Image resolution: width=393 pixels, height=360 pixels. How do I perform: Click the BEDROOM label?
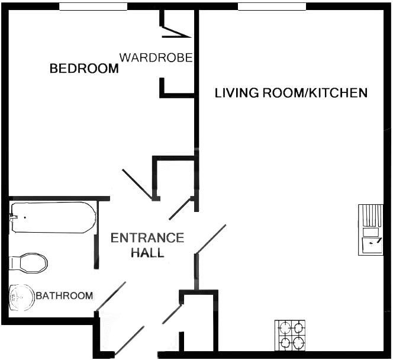pos(84,69)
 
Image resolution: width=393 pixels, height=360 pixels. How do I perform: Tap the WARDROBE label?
pos(156,57)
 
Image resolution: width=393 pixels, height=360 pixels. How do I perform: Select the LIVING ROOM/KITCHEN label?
pos(291,93)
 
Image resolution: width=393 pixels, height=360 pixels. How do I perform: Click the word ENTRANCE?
pos(147,238)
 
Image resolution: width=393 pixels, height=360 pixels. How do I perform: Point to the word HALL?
pos(147,253)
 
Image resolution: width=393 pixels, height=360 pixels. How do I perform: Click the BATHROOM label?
pos(65,295)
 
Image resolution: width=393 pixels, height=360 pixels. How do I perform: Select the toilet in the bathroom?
pos(30,262)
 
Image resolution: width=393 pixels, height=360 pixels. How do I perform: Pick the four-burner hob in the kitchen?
pos(291,335)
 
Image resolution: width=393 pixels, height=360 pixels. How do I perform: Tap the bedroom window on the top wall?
pos(94,7)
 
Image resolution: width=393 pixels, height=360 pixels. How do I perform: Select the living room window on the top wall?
pos(272,7)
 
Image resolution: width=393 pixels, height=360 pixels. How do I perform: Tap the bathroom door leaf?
pos(111,296)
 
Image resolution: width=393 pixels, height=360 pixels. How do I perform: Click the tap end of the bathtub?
pos(14,217)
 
